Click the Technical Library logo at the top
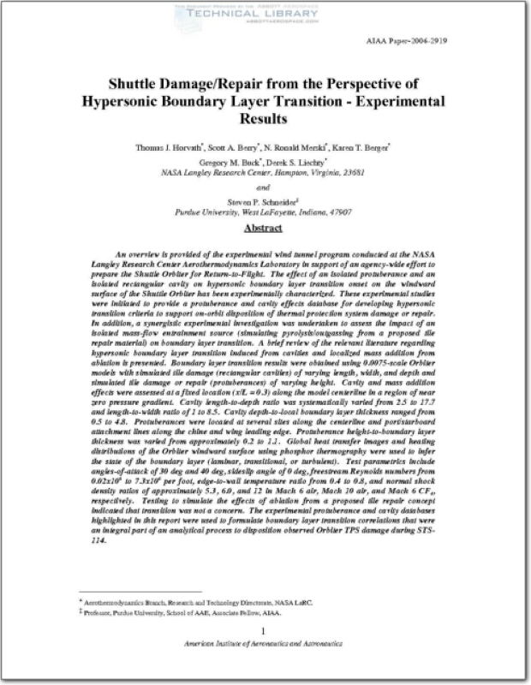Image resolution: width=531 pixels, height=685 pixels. tap(265, 12)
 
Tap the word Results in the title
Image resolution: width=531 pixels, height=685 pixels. tap(264, 119)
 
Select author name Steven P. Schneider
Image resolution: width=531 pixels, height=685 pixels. tap(264, 200)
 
